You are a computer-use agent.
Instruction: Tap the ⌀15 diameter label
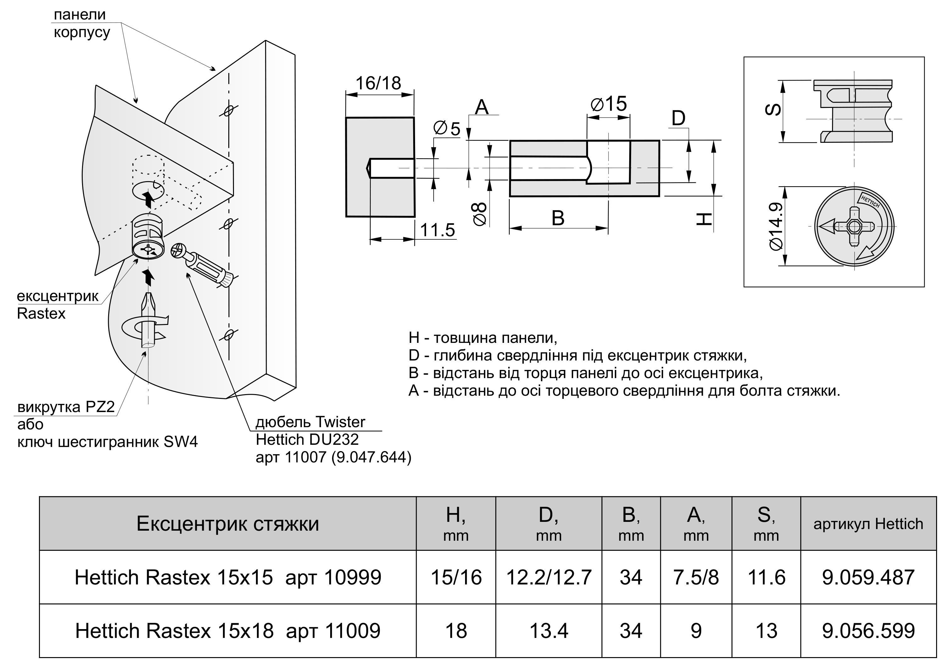(609, 104)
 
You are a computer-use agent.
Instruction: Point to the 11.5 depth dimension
(437, 230)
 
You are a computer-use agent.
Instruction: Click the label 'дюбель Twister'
(310, 422)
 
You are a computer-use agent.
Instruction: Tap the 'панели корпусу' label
(81, 24)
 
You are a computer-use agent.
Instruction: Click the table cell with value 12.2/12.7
(548, 577)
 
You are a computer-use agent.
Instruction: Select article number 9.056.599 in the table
(868, 631)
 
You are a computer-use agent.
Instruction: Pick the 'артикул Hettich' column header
(868, 524)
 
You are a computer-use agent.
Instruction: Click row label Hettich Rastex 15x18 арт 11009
(228, 631)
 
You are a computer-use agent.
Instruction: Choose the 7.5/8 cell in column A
(696, 577)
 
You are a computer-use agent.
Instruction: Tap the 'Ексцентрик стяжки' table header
(228, 524)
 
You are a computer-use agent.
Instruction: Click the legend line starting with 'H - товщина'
(483, 338)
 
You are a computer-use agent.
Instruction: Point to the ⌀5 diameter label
(447, 129)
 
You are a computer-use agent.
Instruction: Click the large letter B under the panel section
(558, 218)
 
